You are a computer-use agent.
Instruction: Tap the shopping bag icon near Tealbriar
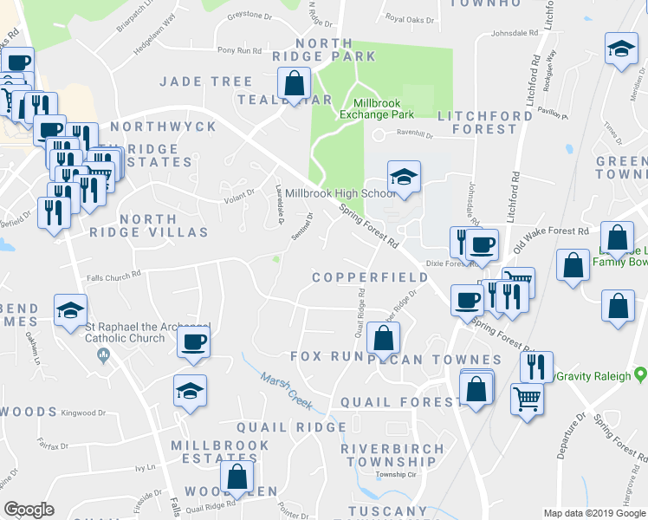295,84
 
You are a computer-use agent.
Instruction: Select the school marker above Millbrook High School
403,177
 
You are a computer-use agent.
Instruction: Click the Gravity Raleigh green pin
640,376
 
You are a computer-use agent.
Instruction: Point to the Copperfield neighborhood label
370,277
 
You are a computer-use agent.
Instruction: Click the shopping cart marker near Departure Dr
528,399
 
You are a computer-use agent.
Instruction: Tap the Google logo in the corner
29,510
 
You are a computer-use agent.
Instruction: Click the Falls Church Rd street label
113,276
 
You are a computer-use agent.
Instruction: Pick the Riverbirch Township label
392,455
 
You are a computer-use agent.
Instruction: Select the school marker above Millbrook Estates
190,391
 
